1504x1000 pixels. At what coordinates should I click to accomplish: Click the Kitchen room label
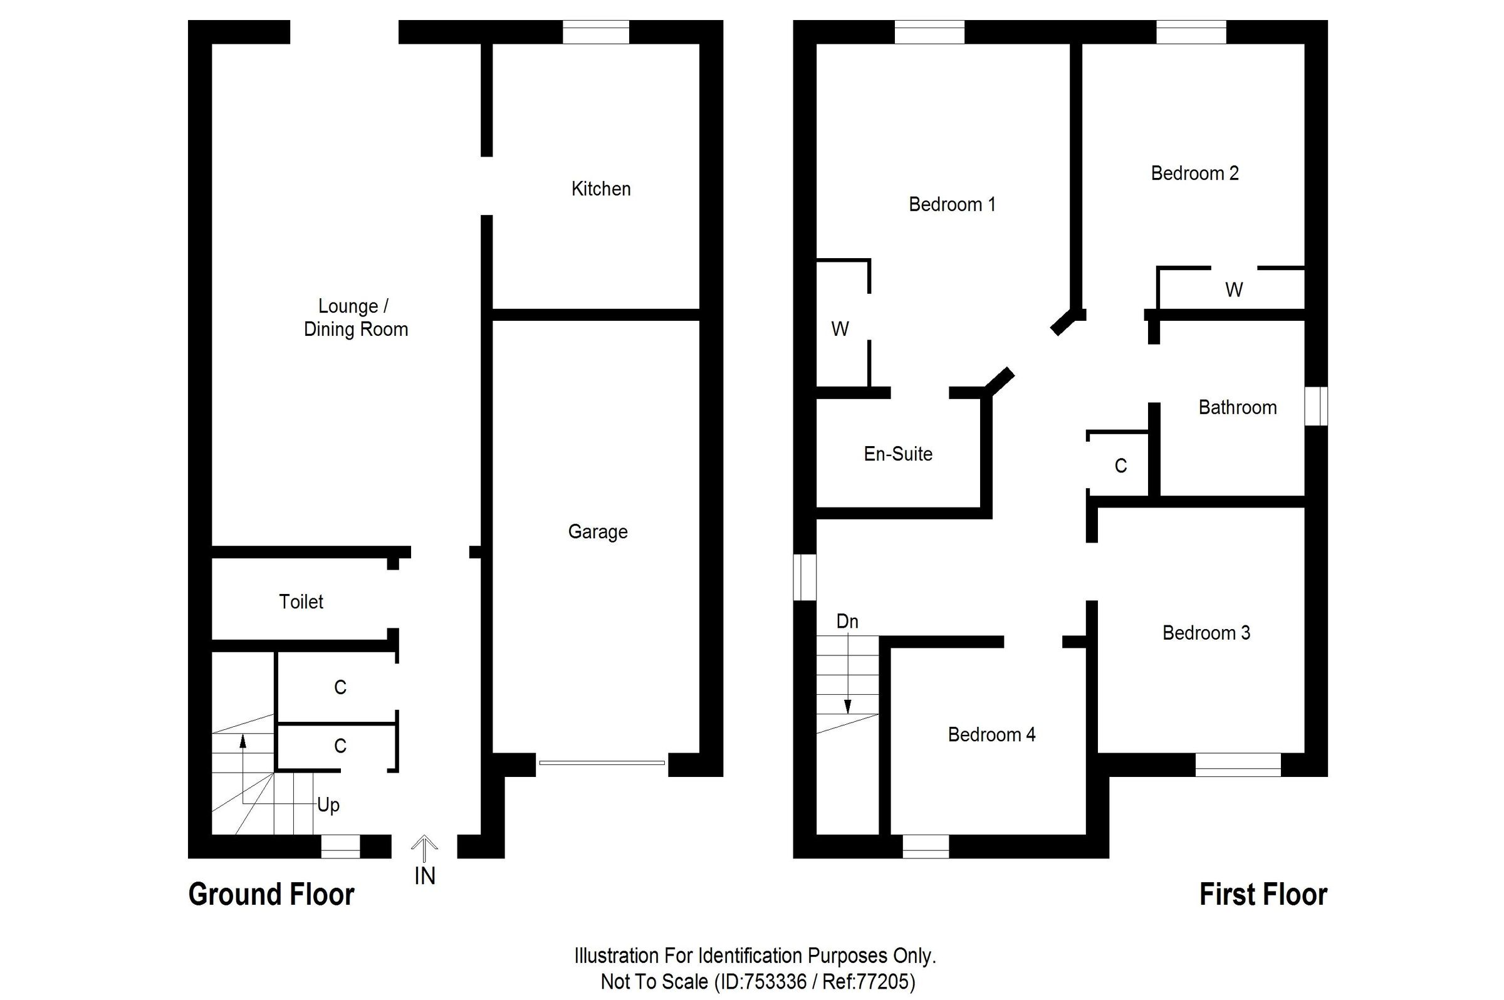click(600, 189)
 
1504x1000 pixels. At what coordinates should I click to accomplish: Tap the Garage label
click(597, 531)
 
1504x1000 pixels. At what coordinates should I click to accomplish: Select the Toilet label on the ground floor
click(300, 602)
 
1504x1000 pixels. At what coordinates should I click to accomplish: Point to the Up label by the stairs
click(328, 805)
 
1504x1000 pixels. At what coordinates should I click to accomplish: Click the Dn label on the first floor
click(847, 621)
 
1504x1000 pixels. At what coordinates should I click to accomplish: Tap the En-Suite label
click(897, 454)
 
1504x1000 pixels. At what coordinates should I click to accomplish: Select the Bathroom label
click(1237, 407)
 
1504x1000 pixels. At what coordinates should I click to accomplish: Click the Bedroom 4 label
click(991, 735)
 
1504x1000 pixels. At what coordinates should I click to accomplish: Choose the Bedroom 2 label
click(1194, 173)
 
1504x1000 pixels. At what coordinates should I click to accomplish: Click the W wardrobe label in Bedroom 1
click(839, 329)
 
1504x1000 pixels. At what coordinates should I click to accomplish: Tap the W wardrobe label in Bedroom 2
click(1233, 290)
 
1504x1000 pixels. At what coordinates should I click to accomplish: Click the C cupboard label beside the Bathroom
click(1120, 466)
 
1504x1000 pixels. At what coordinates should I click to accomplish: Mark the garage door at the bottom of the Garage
click(602, 763)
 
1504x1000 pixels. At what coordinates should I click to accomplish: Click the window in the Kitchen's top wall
click(595, 32)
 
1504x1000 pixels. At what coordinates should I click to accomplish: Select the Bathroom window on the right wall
click(1315, 405)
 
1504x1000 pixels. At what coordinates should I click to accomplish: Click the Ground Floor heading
click(271, 894)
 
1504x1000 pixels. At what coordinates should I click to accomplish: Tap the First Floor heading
click(1262, 894)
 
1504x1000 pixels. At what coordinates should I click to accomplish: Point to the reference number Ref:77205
click(868, 981)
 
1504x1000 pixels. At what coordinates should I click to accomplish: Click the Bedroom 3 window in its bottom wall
click(1237, 764)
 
